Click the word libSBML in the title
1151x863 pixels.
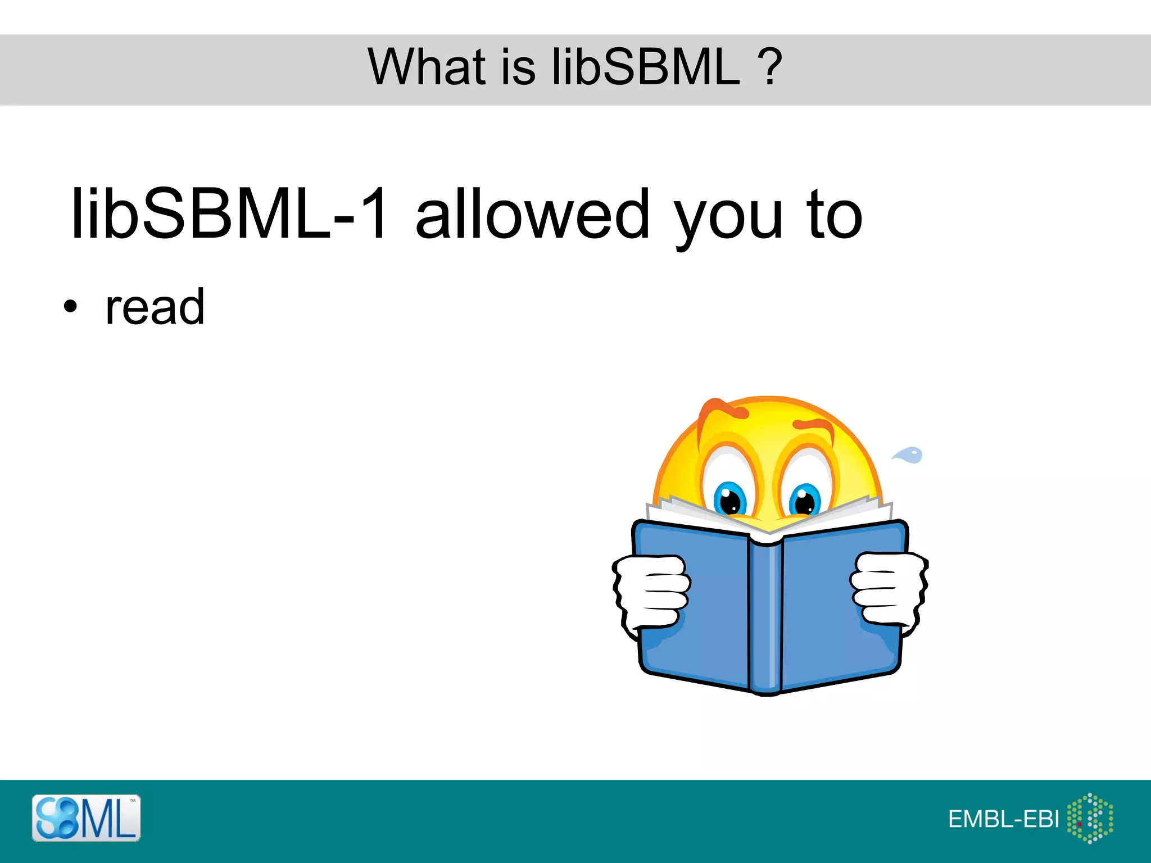click(646, 67)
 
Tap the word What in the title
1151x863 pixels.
click(427, 67)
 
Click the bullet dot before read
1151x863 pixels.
click(70, 307)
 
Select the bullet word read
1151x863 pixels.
click(155, 307)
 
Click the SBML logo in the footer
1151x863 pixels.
click(86, 817)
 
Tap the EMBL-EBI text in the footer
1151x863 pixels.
click(1003, 819)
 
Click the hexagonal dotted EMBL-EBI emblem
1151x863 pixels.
click(1090, 818)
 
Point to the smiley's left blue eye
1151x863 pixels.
click(729, 498)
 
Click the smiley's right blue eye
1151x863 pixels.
click(805, 499)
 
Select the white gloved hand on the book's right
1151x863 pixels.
click(888, 588)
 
